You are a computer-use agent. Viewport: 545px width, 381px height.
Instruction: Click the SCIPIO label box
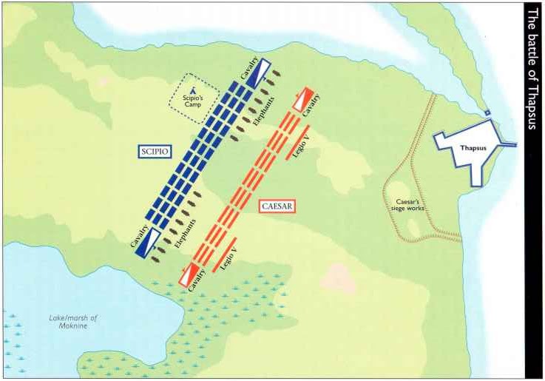coord(155,152)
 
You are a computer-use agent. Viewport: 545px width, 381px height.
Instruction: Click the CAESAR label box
coord(277,207)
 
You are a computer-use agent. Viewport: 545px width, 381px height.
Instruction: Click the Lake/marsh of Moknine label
coord(74,322)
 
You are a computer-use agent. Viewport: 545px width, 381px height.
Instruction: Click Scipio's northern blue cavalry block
coord(258,71)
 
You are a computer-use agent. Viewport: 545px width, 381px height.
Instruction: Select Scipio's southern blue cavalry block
coord(149,241)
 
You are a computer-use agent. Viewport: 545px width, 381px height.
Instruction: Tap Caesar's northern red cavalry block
coord(303,101)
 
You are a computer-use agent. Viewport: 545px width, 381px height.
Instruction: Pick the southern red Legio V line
coord(224,254)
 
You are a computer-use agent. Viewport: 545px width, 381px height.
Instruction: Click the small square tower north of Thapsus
coord(487,112)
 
